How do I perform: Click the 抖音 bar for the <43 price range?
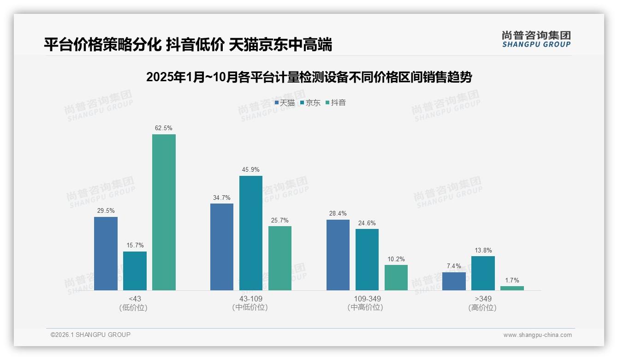click(x=164, y=212)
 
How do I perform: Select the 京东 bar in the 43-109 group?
click(x=250, y=233)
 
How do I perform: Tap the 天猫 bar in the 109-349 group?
click(x=338, y=255)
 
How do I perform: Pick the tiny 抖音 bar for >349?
click(x=512, y=288)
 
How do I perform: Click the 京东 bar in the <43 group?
click(x=135, y=271)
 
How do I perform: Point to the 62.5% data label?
click(x=164, y=128)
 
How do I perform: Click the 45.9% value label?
click(x=250, y=170)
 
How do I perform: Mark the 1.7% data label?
click(x=512, y=280)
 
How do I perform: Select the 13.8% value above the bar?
click(x=483, y=250)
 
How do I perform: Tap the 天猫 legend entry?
click(x=285, y=103)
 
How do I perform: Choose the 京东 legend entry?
click(x=310, y=103)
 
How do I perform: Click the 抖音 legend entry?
click(x=336, y=103)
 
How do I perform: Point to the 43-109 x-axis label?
click(x=250, y=299)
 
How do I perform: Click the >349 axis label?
click(x=482, y=299)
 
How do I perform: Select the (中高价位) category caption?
click(x=366, y=307)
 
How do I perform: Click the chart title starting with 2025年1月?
click(x=309, y=77)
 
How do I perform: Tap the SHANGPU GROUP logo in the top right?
click(x=536, y=39)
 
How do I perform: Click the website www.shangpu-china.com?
click(x=537, y=335)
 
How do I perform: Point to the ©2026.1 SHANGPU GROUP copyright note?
click(x=90, y=335)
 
